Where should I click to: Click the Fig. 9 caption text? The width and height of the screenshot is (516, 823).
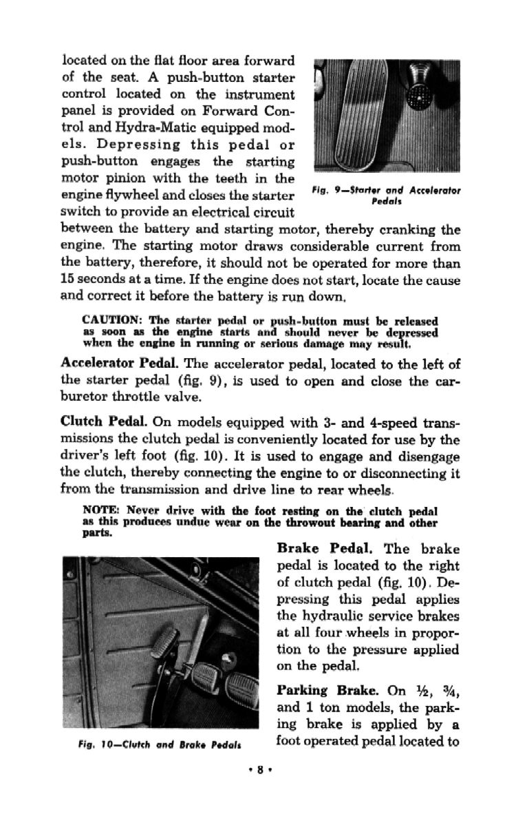387,195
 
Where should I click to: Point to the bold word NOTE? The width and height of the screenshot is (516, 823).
100,511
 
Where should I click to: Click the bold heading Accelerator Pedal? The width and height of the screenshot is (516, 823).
120,363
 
